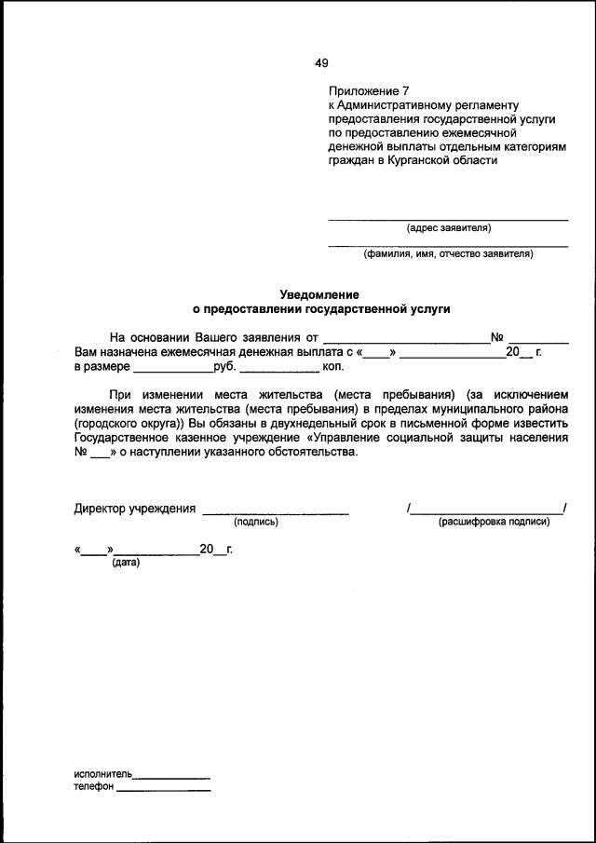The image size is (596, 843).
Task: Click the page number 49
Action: pyautogui.click(x=321, y=63)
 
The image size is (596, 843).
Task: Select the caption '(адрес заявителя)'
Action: pyautogui.click(x=448, y=227)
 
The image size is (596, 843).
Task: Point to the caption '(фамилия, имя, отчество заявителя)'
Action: pyautogui.click(x=448, y=252)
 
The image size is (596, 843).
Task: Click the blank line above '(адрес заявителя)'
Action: pyautogui.click(x=448, y=219)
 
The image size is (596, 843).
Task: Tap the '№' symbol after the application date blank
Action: pyautogui.click(x=497, y=337)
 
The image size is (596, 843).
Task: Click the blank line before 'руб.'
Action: pyautogui.click(x=172, y=370)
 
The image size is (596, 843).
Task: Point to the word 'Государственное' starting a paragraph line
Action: pyautogui.click(x=120, y=436)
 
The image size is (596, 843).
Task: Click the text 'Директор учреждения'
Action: pyautogui.click(x=134, y=509)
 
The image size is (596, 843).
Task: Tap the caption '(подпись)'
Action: pyautogui.click(x=256, y=522)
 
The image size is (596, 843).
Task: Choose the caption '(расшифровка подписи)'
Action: pyautogui.click(x=494, y=522)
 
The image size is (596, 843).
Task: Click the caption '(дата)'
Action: pyautogui.click(x=125, y=563)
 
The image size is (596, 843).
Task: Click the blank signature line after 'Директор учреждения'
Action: pyautogui.click(x=276, y=512)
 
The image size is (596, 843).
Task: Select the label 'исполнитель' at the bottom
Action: pyautogui.click(x=102, y=774)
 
